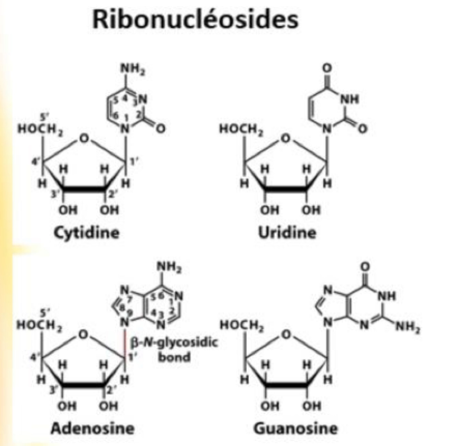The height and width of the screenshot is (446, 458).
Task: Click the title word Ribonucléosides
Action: tap(195, 19)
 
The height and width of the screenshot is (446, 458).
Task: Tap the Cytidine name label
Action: tap(87, 233)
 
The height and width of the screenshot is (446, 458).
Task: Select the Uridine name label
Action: tap(287, 233)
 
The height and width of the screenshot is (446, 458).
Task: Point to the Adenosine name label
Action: tap(92, 428)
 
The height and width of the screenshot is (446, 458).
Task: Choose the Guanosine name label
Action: tap(295, 428)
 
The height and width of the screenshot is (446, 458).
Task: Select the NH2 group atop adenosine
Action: tap(169, 267)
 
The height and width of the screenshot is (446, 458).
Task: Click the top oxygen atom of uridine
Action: tap(328, 68)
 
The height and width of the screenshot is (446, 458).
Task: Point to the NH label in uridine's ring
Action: tap(350, 99)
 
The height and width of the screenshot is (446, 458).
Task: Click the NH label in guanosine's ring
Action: tap(387, 295)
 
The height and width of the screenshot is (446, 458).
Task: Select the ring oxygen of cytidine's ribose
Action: tap(83, 138)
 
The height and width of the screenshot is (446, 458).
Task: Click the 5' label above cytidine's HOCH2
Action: tap(44, 118)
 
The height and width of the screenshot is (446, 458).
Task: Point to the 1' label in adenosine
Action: tap(133, 357)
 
